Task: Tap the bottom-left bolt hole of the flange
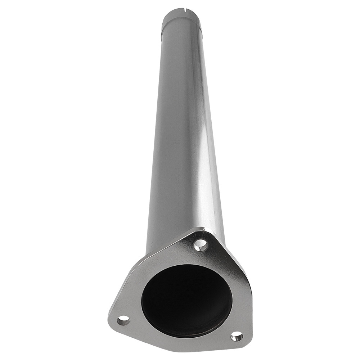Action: [x=123, y=319]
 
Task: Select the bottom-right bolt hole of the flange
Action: [x=237, y=337]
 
